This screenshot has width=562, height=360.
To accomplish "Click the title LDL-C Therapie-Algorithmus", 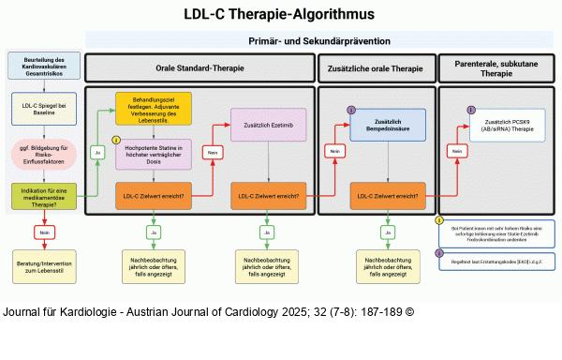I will coord(280,14).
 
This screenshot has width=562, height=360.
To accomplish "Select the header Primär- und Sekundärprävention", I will coord(318,41).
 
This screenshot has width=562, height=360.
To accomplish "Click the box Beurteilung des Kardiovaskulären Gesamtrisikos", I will coord(44,67).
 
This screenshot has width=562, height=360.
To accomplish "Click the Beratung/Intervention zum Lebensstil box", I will coord(44,264).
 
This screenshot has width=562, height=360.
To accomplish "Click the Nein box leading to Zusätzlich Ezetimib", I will coord(214,152).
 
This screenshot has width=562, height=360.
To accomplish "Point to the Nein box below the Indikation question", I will coord(44,232).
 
